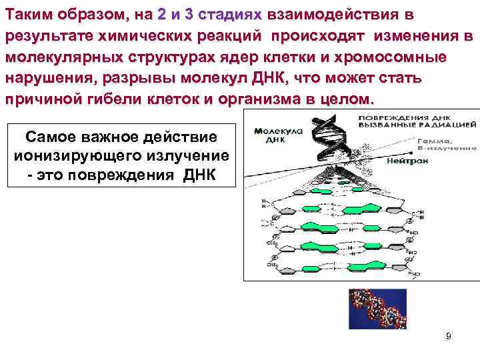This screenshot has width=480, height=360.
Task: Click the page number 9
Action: pos(449,336)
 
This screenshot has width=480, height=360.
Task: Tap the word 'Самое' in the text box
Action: pos(50,137)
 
